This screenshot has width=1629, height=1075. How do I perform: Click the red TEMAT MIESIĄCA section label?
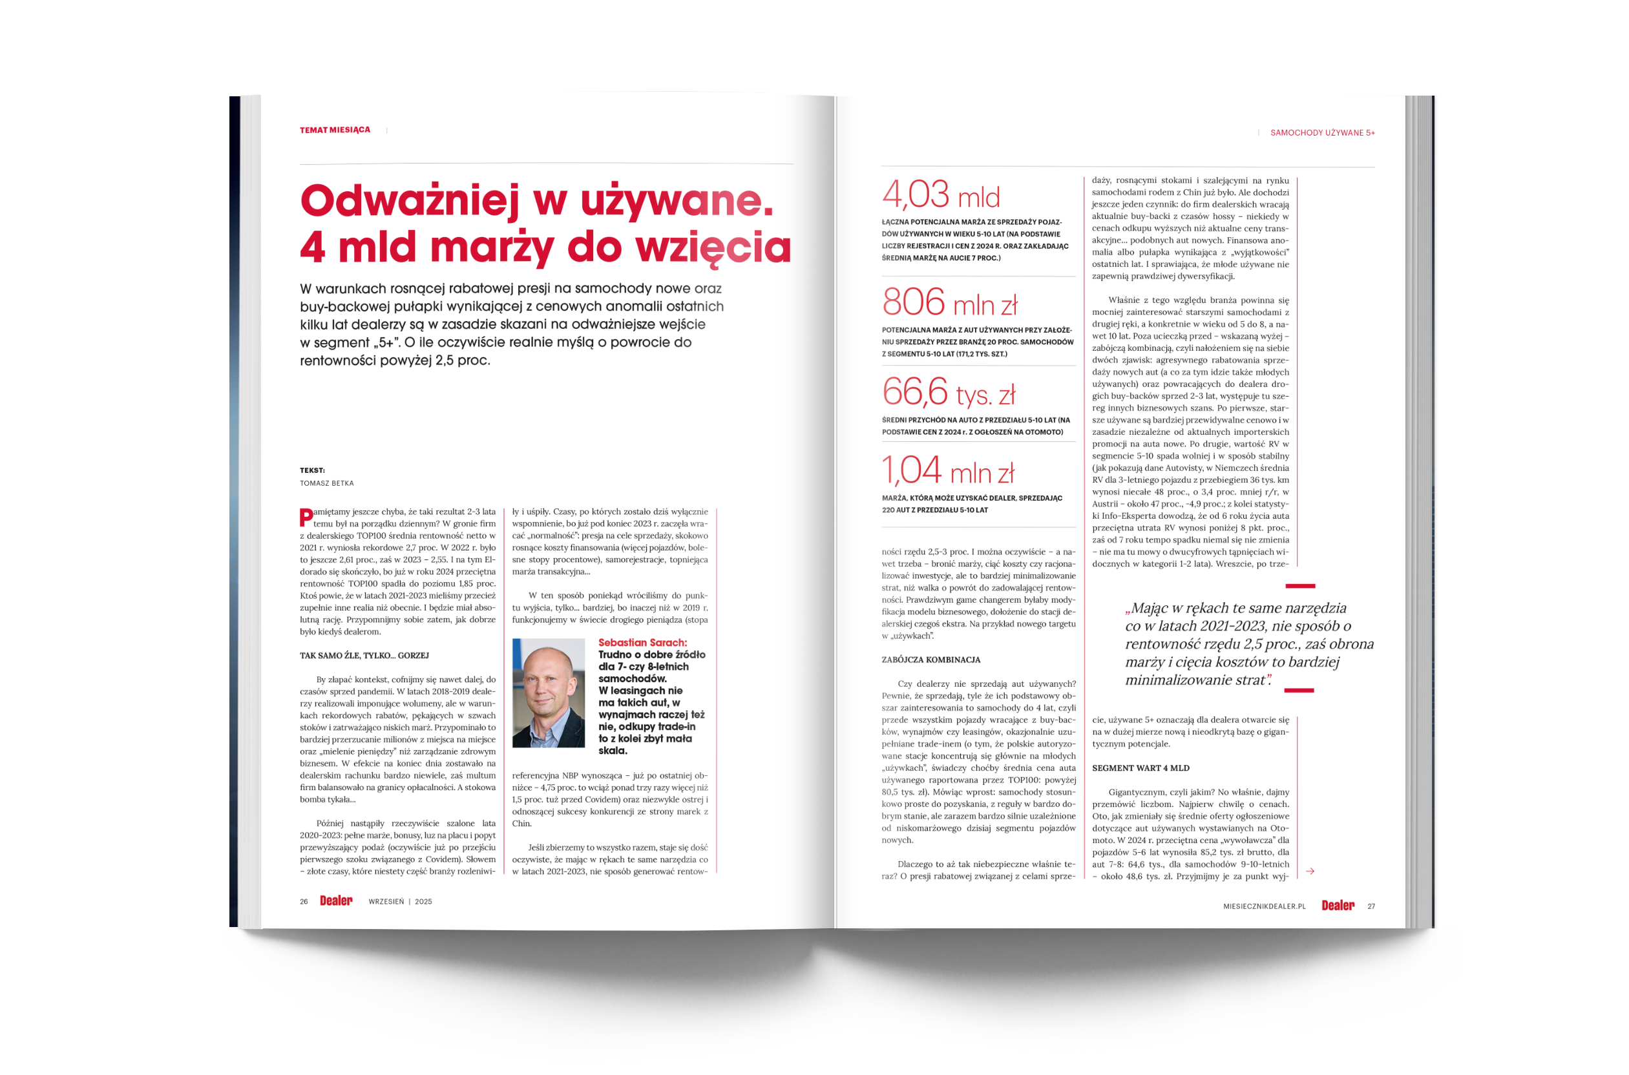point(335,130)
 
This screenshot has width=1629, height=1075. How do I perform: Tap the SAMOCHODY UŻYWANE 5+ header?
point(1322,133)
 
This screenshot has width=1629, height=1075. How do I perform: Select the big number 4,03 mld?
point(941,194)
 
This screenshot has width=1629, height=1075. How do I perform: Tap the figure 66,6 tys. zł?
point(948,392)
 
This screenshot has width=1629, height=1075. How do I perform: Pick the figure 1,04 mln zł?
point(947,471)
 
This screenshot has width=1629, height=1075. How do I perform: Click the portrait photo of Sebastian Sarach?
point(549,693)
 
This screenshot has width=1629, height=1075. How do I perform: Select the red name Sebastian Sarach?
point(642,642)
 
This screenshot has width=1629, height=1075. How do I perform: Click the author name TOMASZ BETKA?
point(326,483)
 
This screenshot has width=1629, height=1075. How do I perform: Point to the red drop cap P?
point(306,517)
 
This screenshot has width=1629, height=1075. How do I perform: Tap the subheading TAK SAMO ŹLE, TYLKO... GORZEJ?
point(364,656)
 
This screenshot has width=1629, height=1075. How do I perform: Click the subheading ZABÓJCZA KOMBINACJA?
point(930,660)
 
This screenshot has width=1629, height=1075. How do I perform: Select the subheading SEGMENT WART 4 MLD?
point(1140,768)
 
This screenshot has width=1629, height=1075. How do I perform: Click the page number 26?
point(304,902)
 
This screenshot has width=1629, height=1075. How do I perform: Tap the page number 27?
point(1371,906)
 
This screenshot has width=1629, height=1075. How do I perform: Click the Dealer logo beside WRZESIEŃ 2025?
point(336,901)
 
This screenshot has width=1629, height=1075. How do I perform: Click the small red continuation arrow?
point(1310,871)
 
